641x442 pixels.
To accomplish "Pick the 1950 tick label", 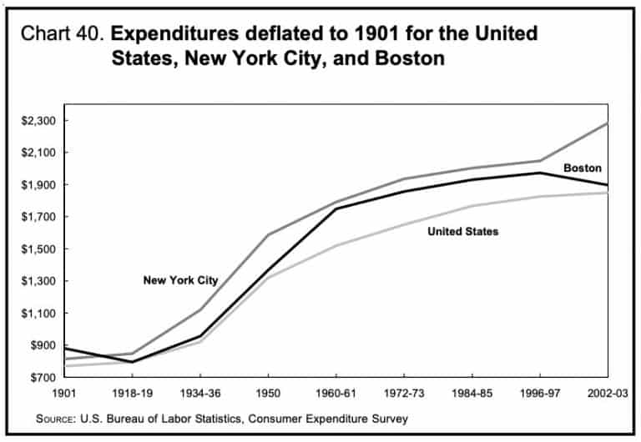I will pyautogui.click(x=267, y=392).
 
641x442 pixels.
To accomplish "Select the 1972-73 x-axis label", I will pyautogui.click(x=403, y=392).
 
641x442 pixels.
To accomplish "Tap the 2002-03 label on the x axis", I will pyautogui.click(x=607, y=392).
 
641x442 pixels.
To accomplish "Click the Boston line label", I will pyautogui.click(x=582, y=168).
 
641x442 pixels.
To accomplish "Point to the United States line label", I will pyautogui.click(x=462, y=231).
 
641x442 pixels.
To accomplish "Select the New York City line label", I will pyautogui.click(x=180, y=281).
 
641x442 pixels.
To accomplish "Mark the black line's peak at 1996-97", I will pyautogui.click(x=539, y=173).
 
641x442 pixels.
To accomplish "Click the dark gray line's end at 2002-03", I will pyautogui.click(x=607, y=123).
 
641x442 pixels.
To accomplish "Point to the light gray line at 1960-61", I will pyautogui.click(x=336, y=245).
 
